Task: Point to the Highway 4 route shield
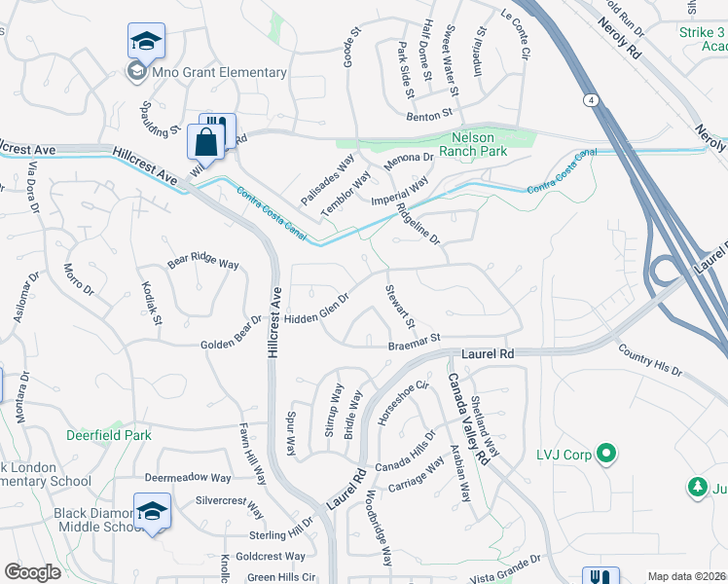[x=591, y=99]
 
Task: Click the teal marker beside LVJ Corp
[x=606, y=454]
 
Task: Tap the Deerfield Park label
[x=109, y=435]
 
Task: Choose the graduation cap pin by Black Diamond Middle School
[x=153, y=511]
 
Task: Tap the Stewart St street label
[x=401, y=308]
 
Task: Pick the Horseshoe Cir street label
[x=403, y=403]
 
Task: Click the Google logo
[x=33, y=572]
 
